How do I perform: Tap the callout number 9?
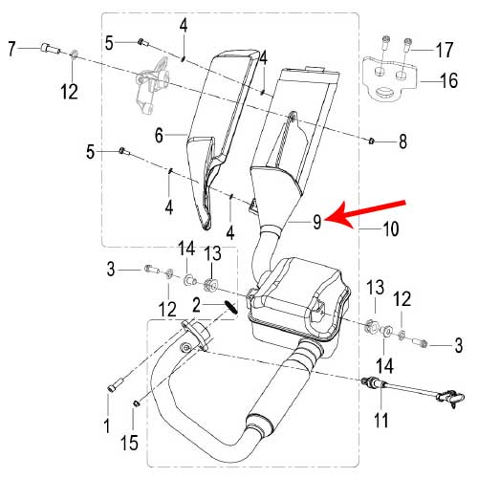316,222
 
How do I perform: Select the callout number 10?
390,228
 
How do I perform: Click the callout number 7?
11,49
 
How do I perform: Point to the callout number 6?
159,135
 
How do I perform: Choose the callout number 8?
402,141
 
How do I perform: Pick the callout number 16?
449,80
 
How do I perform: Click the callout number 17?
445,50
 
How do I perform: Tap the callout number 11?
381,420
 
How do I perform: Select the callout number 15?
129,443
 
